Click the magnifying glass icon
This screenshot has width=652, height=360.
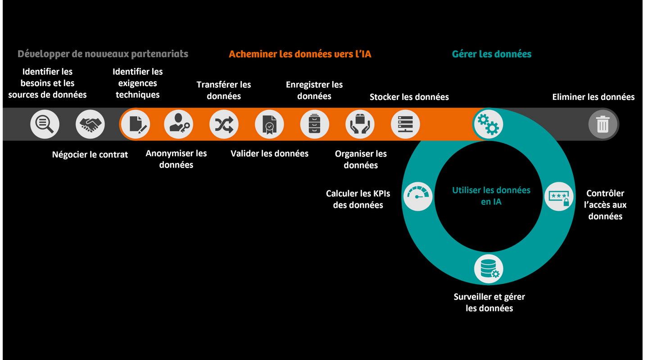45,124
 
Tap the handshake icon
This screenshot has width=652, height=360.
90,124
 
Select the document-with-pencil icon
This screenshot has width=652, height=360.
136,124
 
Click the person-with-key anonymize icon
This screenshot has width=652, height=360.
178,124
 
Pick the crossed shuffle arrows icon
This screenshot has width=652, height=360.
224,124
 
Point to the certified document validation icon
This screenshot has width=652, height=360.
269,124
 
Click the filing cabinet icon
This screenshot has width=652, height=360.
315,124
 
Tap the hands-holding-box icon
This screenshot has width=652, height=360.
360,124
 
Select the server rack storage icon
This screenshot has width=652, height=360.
405,124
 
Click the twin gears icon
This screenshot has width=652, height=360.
488,124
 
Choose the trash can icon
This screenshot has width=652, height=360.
603,124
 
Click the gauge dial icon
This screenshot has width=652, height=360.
418,196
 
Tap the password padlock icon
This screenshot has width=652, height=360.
559,196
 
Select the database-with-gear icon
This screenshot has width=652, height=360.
489,269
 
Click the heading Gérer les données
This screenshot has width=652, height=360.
492,54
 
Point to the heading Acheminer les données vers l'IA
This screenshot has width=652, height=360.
300,54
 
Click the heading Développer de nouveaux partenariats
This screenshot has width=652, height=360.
103,54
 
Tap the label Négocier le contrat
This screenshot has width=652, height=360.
90,154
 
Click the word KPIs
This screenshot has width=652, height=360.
381,193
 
